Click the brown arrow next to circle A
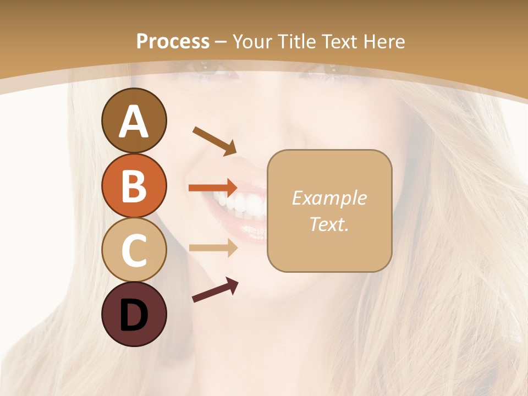pos(215,140)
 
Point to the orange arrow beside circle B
pos(213,188)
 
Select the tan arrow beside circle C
pos(213,248)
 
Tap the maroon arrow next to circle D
pos(215,290)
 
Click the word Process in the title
pos(173,41)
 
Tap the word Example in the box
pos(329,198)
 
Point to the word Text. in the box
pos(329,224)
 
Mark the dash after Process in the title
pos(221,42)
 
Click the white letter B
pos(134,186)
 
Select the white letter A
pos(134,121)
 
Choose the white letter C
pos(134,251)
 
